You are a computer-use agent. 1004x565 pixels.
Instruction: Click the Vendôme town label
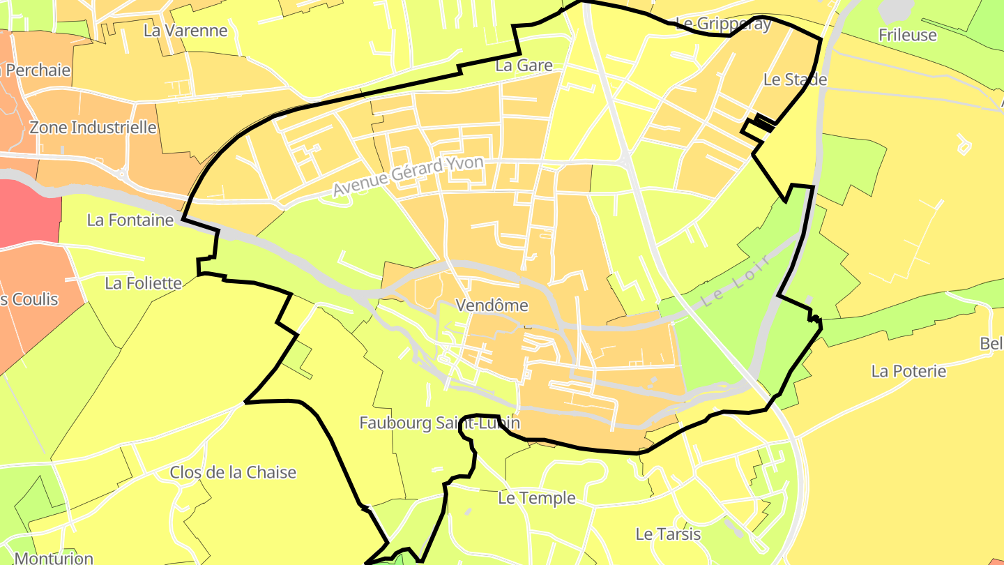[492, 306]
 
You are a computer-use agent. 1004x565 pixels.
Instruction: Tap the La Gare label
[524, 66]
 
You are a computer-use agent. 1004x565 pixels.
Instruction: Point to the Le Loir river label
[736, 281]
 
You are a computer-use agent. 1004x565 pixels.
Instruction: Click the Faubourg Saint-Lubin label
[439, 423]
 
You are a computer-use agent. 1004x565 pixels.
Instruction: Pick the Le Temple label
[537, 498]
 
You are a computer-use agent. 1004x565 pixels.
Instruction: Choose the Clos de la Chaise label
[233, 472]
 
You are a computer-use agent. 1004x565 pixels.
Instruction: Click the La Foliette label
[143, 283]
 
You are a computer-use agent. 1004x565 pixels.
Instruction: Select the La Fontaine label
[130, 220]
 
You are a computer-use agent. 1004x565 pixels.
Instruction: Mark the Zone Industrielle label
[93, 128]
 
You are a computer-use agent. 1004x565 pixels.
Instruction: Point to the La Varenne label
[185, 31]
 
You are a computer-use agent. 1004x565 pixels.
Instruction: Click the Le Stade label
[795, 80]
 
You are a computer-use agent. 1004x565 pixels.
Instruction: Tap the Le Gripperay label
[724, 24]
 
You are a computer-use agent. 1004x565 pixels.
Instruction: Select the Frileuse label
[908, 35]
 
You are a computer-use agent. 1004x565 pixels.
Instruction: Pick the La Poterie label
[908, 371]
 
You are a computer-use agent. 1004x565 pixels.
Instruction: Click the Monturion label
[54, 558]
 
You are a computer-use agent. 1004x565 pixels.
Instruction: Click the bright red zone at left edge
[28, 213]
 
